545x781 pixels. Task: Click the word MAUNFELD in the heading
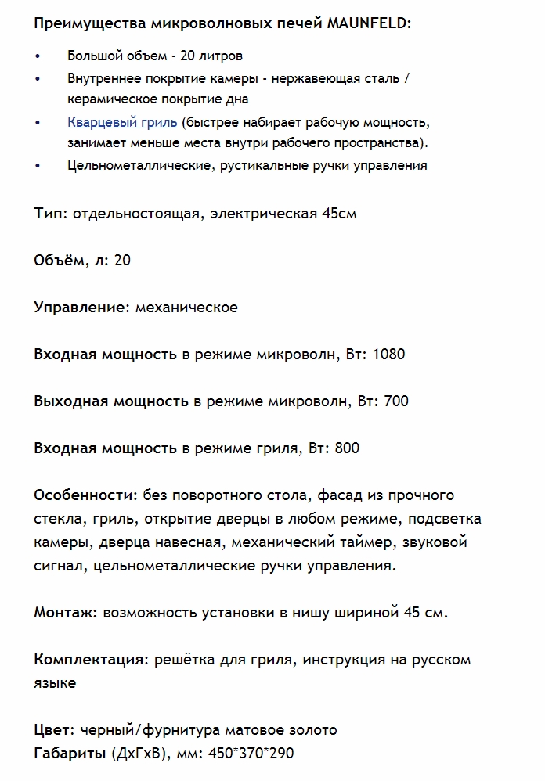367,23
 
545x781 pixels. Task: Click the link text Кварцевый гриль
122,123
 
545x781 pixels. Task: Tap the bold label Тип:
51,213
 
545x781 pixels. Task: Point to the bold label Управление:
81,307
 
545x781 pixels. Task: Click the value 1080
389,354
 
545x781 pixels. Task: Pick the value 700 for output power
396,401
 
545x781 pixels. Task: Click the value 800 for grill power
347,448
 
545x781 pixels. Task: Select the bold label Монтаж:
66,612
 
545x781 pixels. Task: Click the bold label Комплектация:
91,659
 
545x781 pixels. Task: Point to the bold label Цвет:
55,729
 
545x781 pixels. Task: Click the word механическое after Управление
186,307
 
